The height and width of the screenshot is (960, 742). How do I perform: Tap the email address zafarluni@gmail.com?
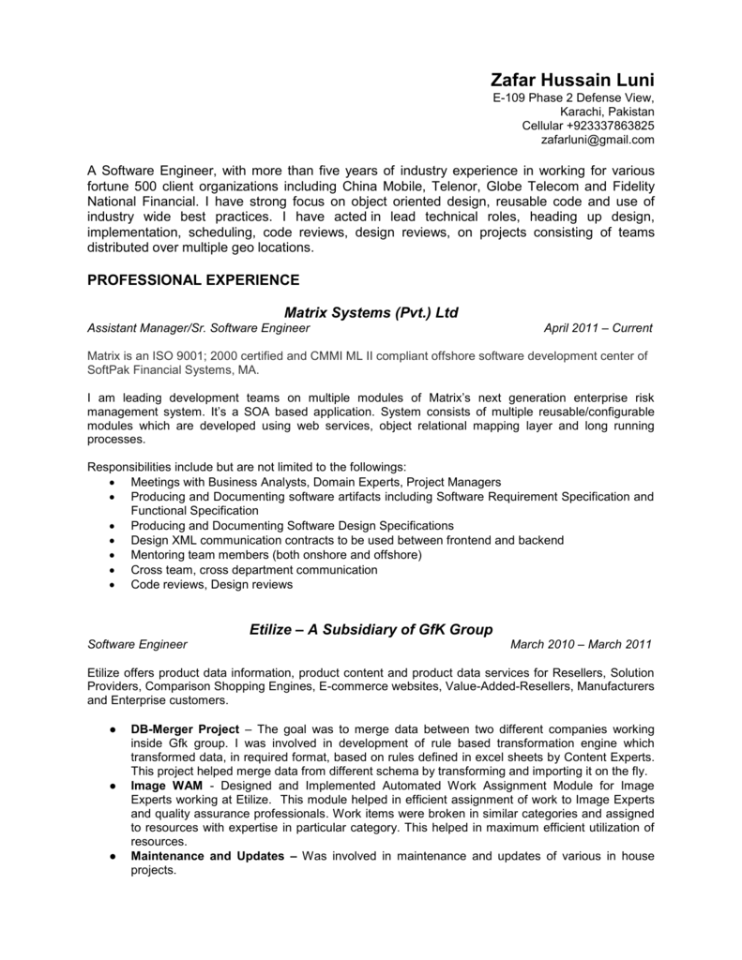coord(597,140)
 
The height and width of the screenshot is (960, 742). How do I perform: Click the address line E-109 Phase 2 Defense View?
coord(573,98)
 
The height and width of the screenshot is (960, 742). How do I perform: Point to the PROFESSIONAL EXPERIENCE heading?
coord(193,279)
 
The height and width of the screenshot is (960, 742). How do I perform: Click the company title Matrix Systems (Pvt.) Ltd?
coord(371,311)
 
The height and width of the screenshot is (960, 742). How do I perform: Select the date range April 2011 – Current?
coord(598,329)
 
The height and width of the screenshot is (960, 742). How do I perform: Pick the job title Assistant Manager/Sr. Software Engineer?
coord(198,329)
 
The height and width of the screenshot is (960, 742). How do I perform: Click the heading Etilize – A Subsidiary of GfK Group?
coord(371,628)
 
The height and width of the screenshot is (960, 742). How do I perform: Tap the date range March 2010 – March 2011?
coord(582,645)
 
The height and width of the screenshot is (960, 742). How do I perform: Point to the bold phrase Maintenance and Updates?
coord(211,856)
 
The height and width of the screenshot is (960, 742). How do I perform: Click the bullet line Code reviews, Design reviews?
coord(212,584)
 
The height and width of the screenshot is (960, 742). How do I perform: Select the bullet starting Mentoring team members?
coord(277,555)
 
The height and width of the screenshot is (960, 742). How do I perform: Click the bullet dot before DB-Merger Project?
coord(112,728)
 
